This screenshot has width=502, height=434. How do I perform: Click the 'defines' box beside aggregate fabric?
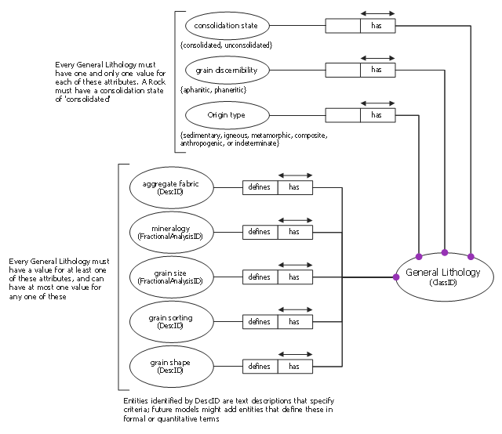click(x=260, y=187)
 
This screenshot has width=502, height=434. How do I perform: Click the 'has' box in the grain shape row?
click(x=295, y=367)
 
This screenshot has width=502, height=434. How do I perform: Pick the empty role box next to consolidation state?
click(x=343, y=26)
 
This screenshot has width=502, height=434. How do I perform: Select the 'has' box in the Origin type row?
click(x=378, y=115)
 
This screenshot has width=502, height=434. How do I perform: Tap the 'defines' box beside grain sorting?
click(x=260, y=322)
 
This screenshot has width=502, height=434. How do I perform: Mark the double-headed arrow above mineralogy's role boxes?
click(x=295, y=220)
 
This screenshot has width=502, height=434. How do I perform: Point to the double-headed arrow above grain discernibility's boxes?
click(x=378, y=58)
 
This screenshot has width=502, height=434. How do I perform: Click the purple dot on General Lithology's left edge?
click(x=396, y=277)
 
